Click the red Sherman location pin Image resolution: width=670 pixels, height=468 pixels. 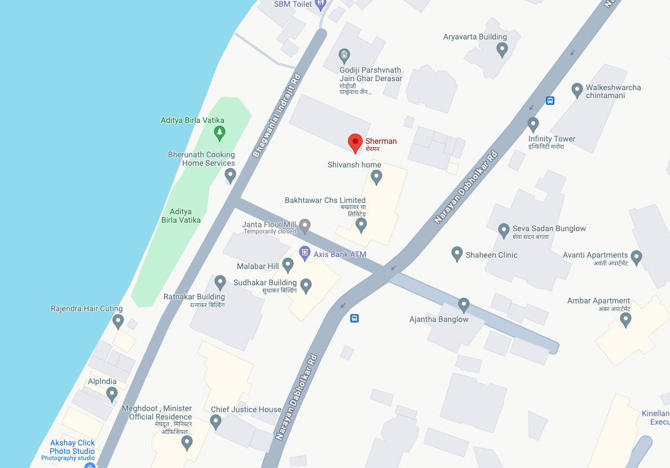(355, 142)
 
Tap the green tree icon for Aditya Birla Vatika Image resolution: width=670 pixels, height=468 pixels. (220, 133)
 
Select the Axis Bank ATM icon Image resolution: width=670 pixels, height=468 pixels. (305, 252)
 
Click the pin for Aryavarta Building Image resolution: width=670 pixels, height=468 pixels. (502, 50)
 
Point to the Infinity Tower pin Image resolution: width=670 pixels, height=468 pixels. (533, 124)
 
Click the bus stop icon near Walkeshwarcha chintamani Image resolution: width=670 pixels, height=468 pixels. (550, 100)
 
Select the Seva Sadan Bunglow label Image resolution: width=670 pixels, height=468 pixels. (549, 228)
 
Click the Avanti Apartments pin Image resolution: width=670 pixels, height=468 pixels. (637, 258)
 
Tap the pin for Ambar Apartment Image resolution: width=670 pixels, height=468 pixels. (625, 320)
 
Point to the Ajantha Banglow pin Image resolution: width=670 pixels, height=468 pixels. (464, 304)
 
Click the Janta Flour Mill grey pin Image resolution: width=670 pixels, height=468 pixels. (305, 226)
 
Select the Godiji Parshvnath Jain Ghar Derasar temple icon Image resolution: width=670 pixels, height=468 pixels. (345, 55)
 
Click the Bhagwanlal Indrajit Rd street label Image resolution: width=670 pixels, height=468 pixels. (277, 116)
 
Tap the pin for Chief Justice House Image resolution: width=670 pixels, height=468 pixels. (215, 421)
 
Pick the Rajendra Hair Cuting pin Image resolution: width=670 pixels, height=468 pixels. (118, 321)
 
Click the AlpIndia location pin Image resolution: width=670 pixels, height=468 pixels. (112, 394)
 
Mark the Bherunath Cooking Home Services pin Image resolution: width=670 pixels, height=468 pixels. (230, 175)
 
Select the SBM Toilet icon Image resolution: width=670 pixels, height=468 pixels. (321, 5)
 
